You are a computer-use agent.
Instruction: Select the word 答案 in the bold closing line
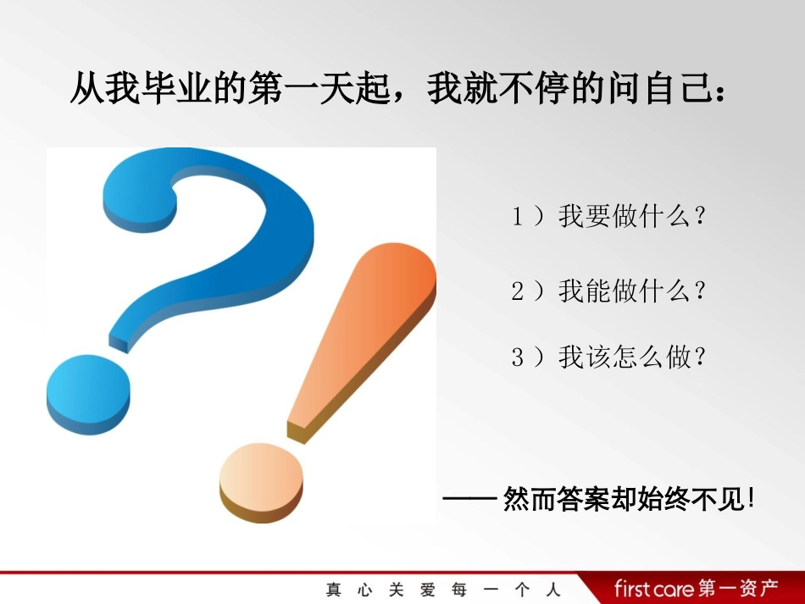577,499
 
